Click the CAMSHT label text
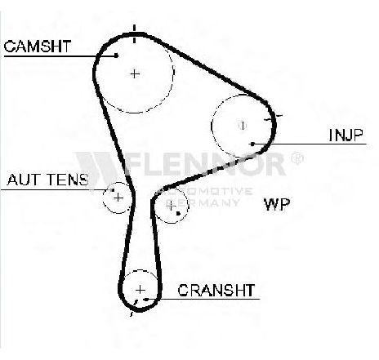pos(38,47)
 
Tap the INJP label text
pos(346,135)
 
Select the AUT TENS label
pos(48,180)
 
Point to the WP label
pos(277,204)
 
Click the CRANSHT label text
pos(216,290)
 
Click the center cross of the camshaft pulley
pos(135,73)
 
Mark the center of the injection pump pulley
pos(242,126)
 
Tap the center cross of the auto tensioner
pos(118,198)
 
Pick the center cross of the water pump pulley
pos(171,207)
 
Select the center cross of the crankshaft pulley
pos(140,290)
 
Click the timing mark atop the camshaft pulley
pos(134,34)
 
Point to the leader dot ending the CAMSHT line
pos(116,56)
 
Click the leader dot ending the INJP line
pos(252,144)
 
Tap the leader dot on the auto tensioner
pos(113,190)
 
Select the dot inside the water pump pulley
pos(178,214)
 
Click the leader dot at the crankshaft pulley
pos(146,300)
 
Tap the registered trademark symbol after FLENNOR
pos(297,158)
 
